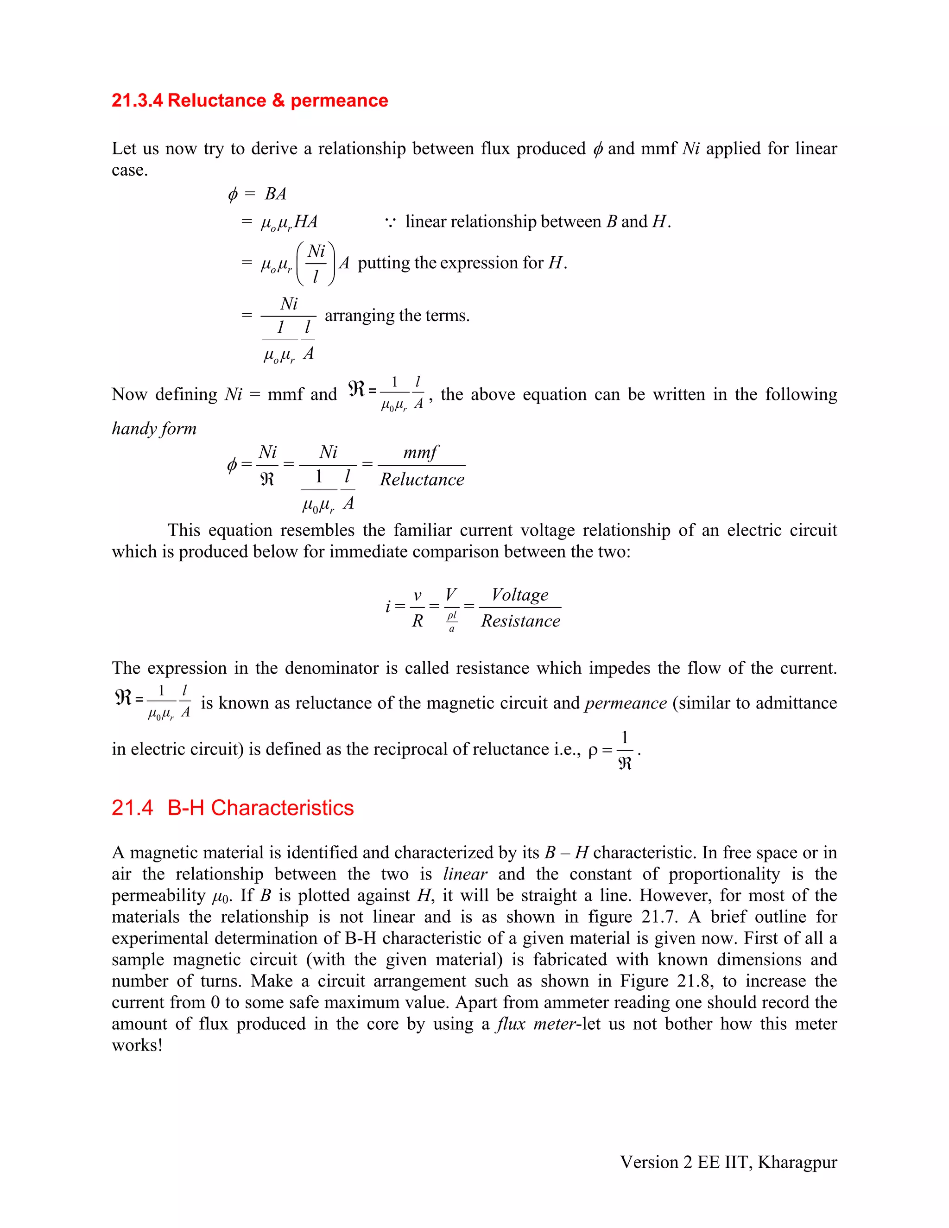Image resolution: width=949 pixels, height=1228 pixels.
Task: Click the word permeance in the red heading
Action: click(339, 101)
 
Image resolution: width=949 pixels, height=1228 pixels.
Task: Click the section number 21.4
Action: click(132, 808)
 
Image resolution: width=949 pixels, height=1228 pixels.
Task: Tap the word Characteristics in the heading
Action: click(282, 808)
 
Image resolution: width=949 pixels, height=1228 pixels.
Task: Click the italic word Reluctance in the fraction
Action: click(422, 480)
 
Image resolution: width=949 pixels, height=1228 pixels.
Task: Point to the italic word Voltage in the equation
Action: click(519, 595)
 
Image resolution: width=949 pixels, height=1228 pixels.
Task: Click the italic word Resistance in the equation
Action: click(520, 621)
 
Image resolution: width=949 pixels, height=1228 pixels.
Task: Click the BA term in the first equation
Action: click(276, 194)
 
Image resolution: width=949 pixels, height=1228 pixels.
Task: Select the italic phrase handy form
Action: click(154, 429)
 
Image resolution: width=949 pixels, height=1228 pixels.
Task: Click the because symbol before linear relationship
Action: click(390, 222)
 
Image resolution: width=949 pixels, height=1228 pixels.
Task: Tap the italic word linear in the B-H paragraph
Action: click(465, 874)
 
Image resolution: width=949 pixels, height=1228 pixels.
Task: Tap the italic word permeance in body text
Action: click(625, 703)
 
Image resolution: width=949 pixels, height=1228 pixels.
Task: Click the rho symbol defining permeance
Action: click(593, 751)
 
